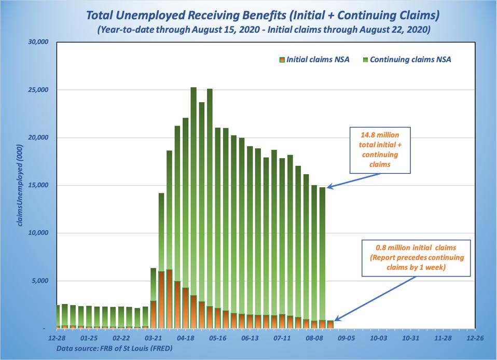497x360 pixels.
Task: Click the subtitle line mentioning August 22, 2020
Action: click(263, 30)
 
